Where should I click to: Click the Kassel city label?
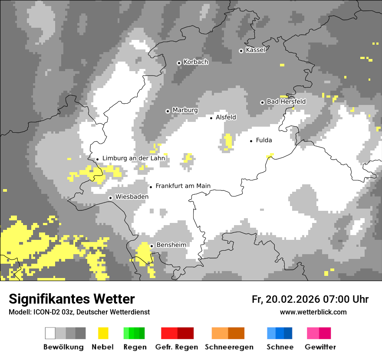255,50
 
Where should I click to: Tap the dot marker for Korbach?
179,63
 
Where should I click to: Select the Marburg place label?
185,110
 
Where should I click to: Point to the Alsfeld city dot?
211,118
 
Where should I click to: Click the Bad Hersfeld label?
286,101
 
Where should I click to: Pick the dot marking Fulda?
251,141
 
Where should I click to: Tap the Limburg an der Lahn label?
133,158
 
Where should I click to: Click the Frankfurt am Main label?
183,186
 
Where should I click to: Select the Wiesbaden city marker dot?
111,198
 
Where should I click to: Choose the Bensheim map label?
171,245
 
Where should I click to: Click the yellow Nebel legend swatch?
103,333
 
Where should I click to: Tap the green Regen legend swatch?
134,333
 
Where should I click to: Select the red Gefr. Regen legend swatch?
177,333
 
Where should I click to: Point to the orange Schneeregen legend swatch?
228,333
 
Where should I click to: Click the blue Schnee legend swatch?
280,333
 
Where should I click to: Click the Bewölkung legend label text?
63,347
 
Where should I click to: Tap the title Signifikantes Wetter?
72,299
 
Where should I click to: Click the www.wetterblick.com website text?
313,312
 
